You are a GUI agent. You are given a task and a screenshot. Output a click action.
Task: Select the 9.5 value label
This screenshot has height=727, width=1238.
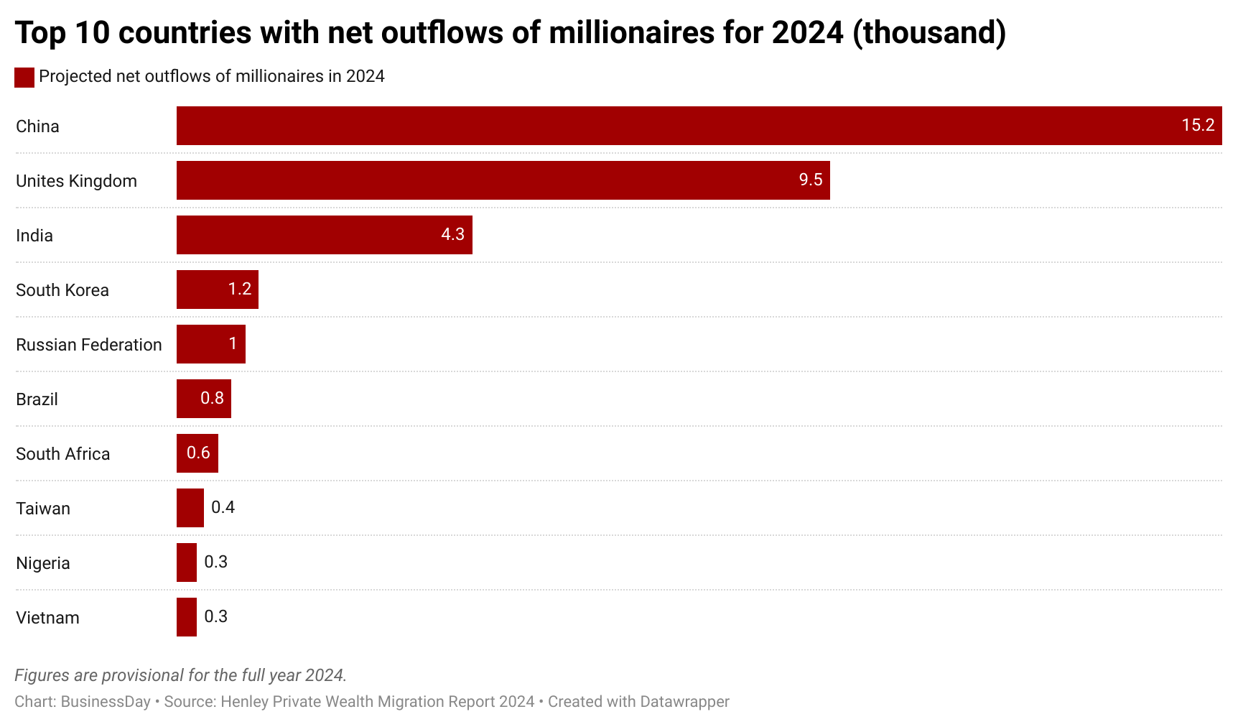coord(810,180)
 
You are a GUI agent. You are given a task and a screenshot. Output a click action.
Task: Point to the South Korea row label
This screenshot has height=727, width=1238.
coord(62,290)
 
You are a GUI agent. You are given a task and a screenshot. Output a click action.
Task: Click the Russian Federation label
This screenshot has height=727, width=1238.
coord(89,345)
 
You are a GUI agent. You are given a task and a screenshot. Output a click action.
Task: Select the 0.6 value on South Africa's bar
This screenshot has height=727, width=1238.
coord(198,453)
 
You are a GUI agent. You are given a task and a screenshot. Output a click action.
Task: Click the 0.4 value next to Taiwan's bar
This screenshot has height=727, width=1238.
coord(223,507)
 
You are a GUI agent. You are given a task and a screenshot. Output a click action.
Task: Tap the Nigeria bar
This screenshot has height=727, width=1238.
coord(187,562)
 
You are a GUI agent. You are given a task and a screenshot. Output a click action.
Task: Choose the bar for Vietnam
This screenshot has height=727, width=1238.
coord(187,617)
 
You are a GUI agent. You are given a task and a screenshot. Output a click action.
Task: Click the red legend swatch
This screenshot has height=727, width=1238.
coord(24,78)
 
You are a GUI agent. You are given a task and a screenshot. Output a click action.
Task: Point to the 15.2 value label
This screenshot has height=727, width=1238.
coord(1198,125)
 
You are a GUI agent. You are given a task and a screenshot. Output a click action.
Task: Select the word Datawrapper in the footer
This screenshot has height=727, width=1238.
coord(684,702)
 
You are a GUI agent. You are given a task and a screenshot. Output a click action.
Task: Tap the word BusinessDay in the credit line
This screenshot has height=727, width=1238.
coord(106,702)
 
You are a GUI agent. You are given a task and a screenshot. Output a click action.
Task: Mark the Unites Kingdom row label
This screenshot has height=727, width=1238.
coord(76,181)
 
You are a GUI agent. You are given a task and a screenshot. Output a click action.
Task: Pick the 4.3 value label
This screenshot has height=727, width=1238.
coord(452,234)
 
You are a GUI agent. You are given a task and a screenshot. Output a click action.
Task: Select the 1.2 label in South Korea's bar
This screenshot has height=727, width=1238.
coord(239,289)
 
